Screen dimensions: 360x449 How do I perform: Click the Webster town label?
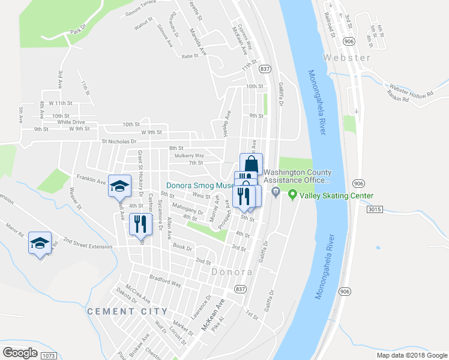point(347,58)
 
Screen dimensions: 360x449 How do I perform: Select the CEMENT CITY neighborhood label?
point(127,311)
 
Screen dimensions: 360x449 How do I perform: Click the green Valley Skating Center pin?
point(292,194)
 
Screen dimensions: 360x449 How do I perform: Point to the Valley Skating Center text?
point(336,196)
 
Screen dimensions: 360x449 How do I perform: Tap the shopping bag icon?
point(252,163)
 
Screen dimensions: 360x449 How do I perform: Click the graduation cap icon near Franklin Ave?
point(120,185)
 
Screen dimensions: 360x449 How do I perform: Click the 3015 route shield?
point(375,209)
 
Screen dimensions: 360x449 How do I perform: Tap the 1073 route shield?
point(49,356)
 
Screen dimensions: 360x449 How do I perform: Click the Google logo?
point(20,352)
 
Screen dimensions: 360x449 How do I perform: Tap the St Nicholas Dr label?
point(119,142)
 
